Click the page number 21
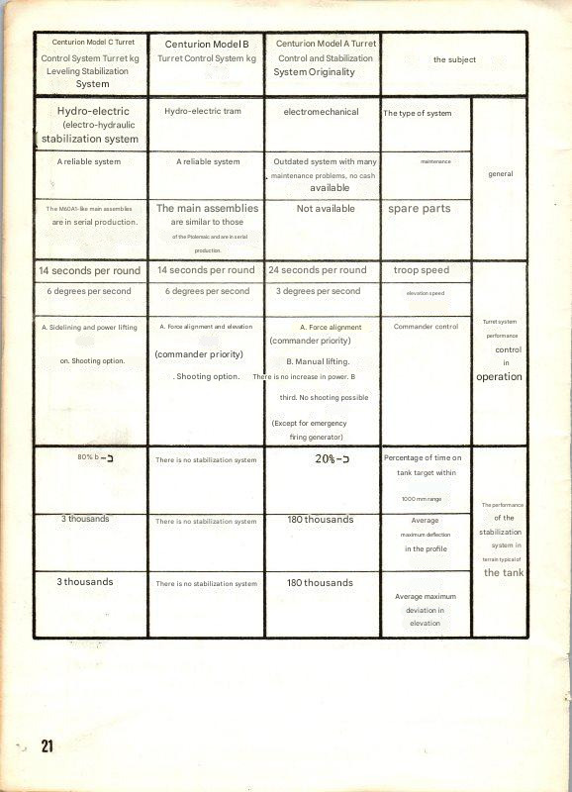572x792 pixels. [46, 745]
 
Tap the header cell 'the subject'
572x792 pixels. [454, 59]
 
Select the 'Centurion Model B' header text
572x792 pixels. [206, 44]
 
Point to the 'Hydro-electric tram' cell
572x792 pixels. [205, 112]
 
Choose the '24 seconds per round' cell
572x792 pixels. [317, 270]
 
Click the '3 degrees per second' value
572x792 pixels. [317, 292]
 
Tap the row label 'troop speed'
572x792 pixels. [421, 270]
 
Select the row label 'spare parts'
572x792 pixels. [420, 209]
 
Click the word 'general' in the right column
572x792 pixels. [501, 173]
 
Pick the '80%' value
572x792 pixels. [87, 457]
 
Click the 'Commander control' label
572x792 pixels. [426, 327]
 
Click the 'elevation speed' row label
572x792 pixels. [425, 293]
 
